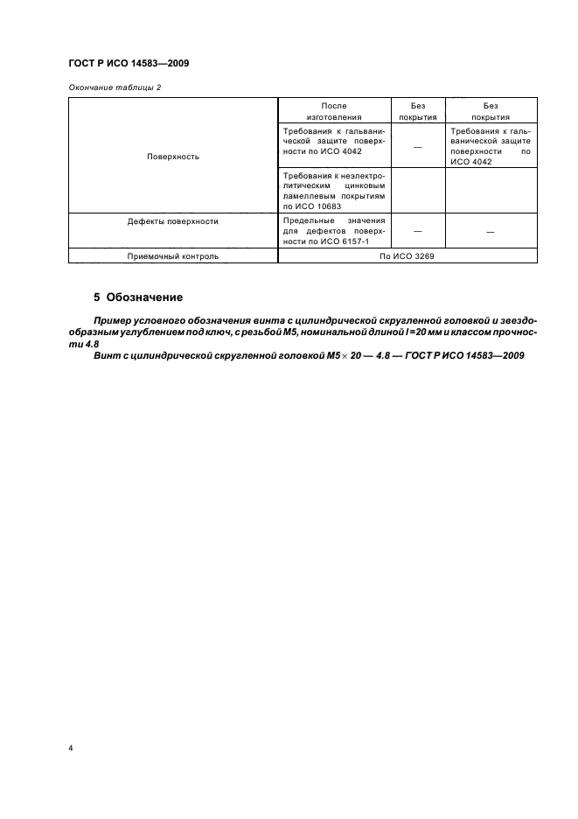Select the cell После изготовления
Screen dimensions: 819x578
pyautogui.click(x=334, y=110)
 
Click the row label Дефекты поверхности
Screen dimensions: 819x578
pyautogui.click(x=172, y=221)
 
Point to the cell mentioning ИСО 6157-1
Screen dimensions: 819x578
pyautogui.click(x=334, y=231)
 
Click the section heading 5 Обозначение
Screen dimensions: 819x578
pyautogui.click(x=138, y=297)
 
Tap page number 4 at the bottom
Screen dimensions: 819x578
pyautogui.click(x=70, y=749)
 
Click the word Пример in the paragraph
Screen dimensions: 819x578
pyautogui.click(x=115, y=323)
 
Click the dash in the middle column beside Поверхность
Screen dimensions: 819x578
pyautogui.click(x=417, y=146)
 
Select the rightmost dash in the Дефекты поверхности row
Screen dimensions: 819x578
pyautogui.click(x=491, y=232)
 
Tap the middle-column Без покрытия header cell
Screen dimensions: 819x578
pyautogui.click(x=417, y=110)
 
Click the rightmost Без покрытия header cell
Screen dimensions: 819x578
pyautogui.click(x=491, y=110)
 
